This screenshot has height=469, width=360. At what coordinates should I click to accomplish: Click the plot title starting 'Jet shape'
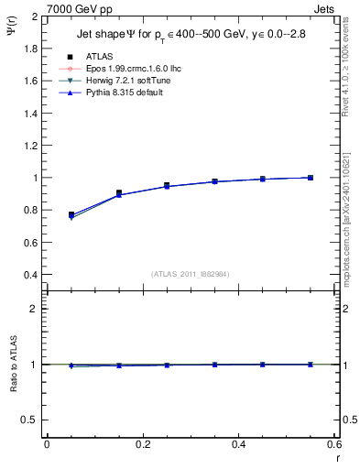click(191, 36)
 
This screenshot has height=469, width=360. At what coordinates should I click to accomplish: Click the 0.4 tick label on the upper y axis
click(31, 275)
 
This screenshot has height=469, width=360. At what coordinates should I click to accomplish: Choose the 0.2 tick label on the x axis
click(142, 444)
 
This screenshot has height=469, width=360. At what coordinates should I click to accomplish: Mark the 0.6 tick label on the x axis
click(333, 444)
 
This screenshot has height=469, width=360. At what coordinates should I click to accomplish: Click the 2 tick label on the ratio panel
click(36, 309)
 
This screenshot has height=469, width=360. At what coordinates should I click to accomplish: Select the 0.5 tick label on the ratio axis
click(31, 420)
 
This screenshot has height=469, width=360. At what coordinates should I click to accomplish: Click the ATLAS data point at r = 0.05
click(71, 214)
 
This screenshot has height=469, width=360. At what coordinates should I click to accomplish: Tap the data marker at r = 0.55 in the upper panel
click(311, 178)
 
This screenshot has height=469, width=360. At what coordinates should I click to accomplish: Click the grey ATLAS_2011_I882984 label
click(190, 274)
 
